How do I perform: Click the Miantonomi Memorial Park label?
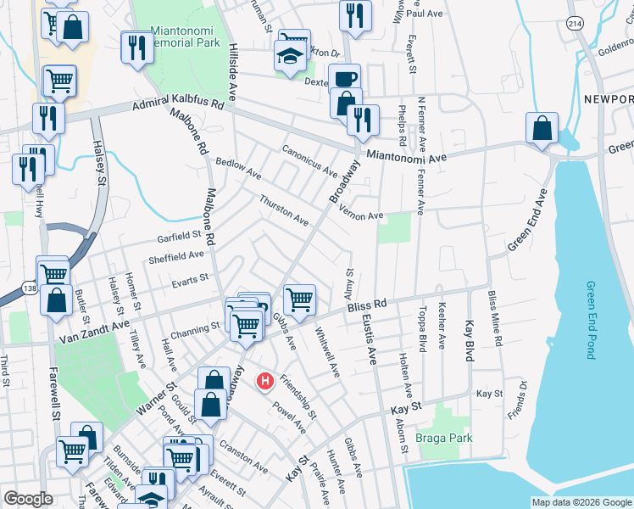[x=185, y=36]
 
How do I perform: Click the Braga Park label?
[x=443, y=439]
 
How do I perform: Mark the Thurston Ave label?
[x=283, y=210]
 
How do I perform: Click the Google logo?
[x=28, y=499]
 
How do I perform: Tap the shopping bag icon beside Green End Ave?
[x=542, y=129]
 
